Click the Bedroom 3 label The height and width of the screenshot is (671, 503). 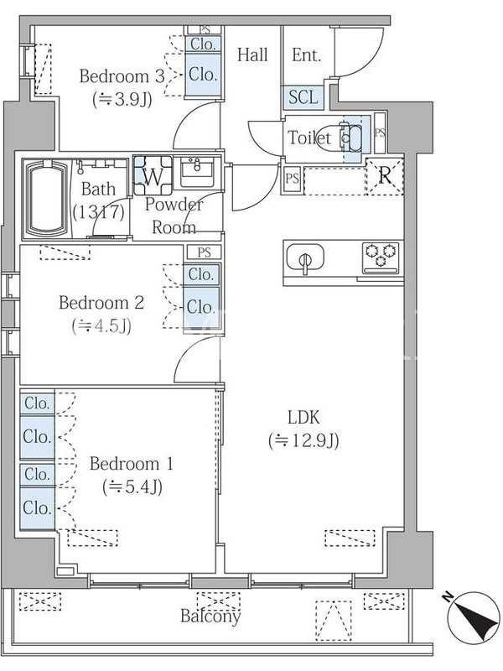122,76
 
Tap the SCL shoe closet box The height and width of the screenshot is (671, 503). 303,97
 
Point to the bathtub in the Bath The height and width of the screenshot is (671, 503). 48,198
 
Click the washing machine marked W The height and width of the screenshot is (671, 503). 153,175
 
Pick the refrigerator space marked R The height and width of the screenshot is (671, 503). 385,176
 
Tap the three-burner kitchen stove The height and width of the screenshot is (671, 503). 381,257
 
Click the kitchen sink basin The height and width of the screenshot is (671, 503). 305,258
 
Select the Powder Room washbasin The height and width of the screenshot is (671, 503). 197,172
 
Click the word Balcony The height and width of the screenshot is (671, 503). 210,616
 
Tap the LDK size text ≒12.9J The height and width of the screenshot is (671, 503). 304,440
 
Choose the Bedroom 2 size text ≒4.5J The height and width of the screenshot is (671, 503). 101,326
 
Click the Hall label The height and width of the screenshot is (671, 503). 252,55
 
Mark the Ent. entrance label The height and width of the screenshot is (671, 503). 306,55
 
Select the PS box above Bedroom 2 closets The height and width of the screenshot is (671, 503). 204,252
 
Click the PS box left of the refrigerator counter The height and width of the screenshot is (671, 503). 292,178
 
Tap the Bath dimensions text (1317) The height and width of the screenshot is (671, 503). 99,212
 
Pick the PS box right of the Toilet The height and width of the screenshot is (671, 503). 380,133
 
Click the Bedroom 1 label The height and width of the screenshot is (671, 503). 132,464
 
